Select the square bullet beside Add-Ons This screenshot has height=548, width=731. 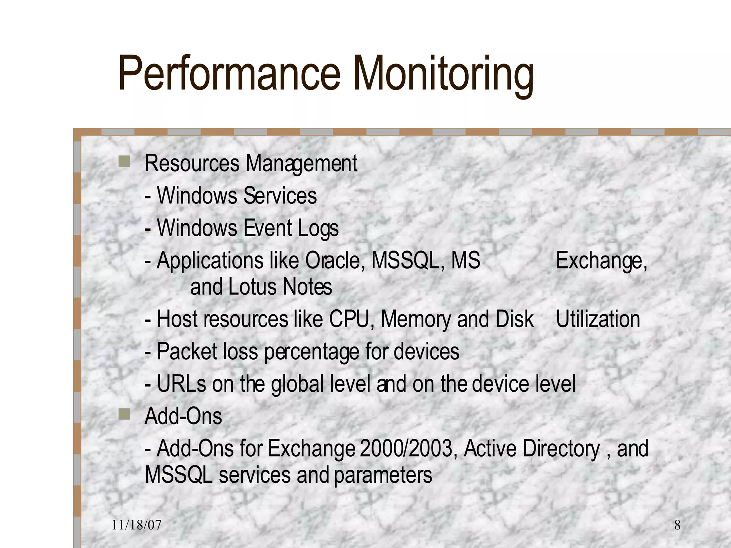tap(124, 414)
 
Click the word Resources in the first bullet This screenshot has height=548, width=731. tap(192, 163)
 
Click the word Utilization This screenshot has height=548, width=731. tap(598, 319)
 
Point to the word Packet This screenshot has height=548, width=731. tap(187, 351)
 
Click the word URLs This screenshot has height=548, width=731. tap(181, 384)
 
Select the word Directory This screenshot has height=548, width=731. tap(561, 449)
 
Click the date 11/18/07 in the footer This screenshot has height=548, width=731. tap(136, 525)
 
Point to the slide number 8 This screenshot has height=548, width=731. tap(677, 525)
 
